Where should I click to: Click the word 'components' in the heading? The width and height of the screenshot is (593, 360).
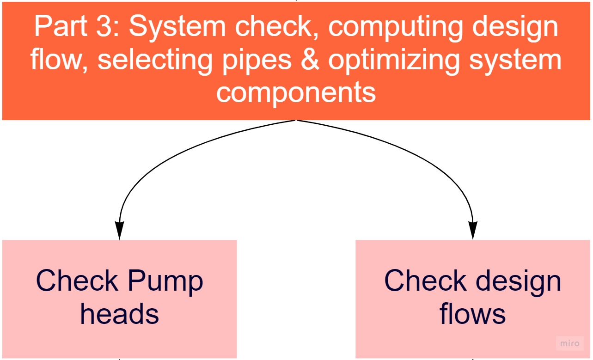coord(296,92)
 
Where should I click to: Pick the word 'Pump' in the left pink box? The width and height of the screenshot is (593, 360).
coord(165,281)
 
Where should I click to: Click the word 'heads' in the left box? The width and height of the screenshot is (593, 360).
coord(119,314)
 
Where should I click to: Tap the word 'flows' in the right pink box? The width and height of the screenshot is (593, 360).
coord(472,314)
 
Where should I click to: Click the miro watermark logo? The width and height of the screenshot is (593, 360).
coord(569,343)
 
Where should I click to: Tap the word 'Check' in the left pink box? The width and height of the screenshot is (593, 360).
coord(76,281)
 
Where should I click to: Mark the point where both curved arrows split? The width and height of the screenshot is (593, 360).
coord(296,121)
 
